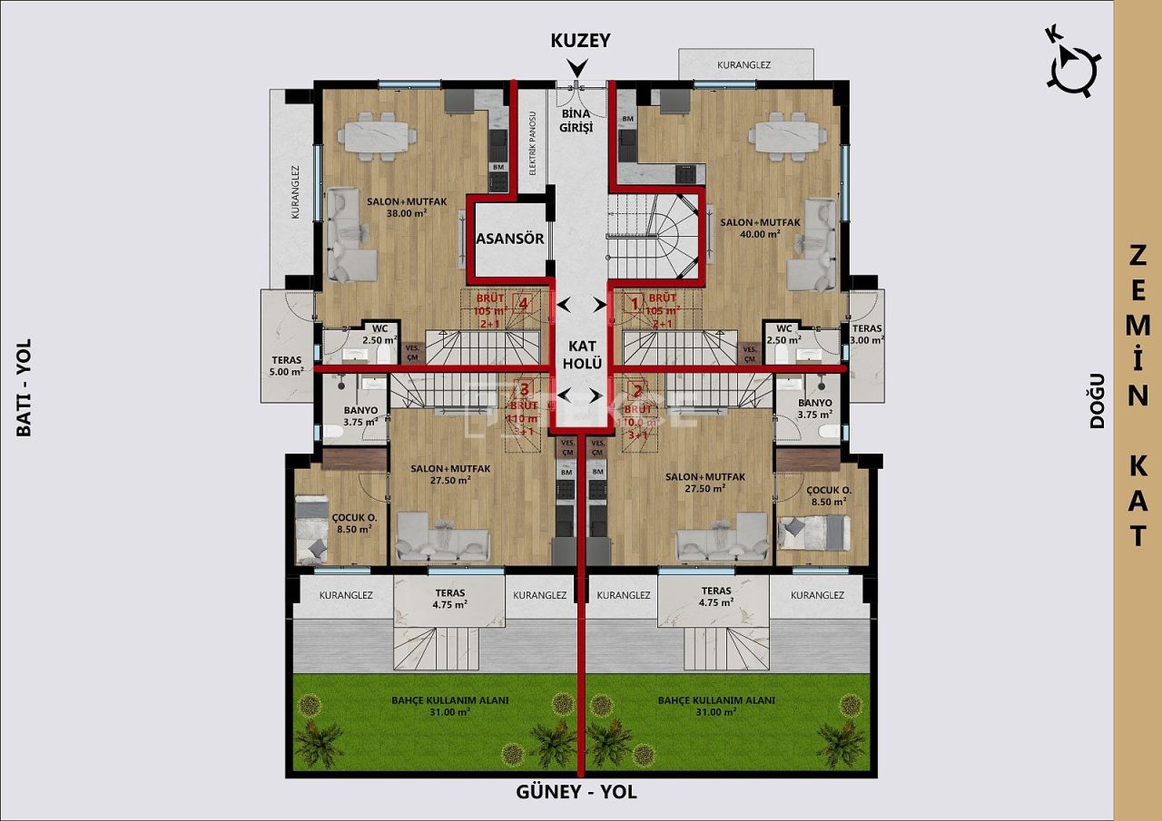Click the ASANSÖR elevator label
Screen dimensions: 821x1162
509,239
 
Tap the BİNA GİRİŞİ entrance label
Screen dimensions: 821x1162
576,121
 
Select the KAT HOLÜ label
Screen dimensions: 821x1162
581,354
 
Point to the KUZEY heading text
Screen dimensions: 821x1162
580,41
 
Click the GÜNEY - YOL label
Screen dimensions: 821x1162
576,792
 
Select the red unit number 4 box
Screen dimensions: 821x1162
522,304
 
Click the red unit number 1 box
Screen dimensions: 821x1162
635,304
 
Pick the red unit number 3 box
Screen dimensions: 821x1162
523,390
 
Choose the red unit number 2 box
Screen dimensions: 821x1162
637,392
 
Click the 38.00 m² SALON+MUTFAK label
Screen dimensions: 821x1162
407,207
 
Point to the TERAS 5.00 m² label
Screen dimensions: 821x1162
285,365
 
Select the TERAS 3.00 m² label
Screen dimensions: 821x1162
866,334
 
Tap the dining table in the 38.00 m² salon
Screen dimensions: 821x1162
379,137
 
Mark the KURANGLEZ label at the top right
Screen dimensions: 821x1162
743,65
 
